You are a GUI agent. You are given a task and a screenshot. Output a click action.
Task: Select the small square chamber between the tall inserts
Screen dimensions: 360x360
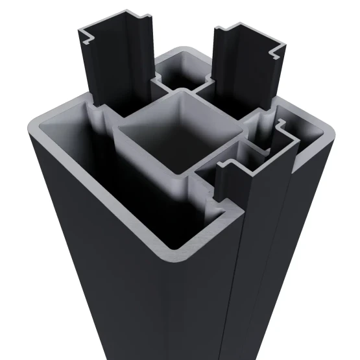182,71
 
